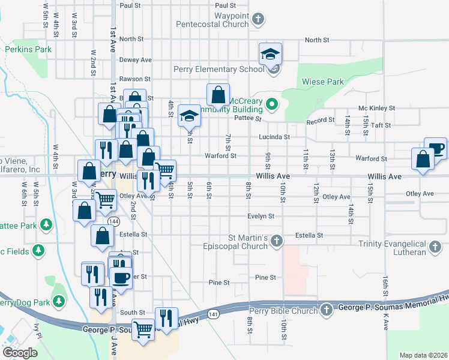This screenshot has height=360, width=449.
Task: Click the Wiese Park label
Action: tap(327, 82)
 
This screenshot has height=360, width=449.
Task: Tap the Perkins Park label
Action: tap(26, 49)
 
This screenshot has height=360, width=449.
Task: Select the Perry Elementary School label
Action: tap(218, 69)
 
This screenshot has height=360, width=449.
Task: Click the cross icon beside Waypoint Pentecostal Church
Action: tap(258, 20)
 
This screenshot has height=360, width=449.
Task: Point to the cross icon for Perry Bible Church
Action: tap(326, 310)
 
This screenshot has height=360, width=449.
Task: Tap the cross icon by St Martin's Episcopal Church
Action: tap(276, 241)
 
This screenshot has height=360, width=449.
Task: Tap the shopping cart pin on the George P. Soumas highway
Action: tap(143, 329)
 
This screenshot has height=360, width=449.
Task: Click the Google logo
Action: tap(20, 353)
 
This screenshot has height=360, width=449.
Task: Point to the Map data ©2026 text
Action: tap(423, 355)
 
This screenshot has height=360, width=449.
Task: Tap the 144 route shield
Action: tap(113, 221)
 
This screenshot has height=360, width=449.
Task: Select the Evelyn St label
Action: tap(261, 216)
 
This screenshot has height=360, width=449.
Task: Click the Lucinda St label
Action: tap(274, 137)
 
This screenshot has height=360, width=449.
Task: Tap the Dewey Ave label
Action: tap(135, 60)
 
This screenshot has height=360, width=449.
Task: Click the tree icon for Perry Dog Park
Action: tap(59, 299)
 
